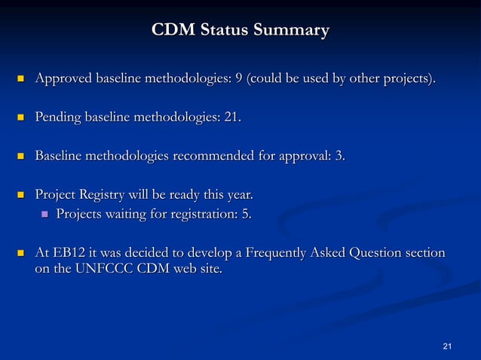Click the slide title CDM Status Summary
tap(240, 31)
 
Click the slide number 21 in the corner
tap(447, 346)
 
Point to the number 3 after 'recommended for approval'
tap(340, 156)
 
